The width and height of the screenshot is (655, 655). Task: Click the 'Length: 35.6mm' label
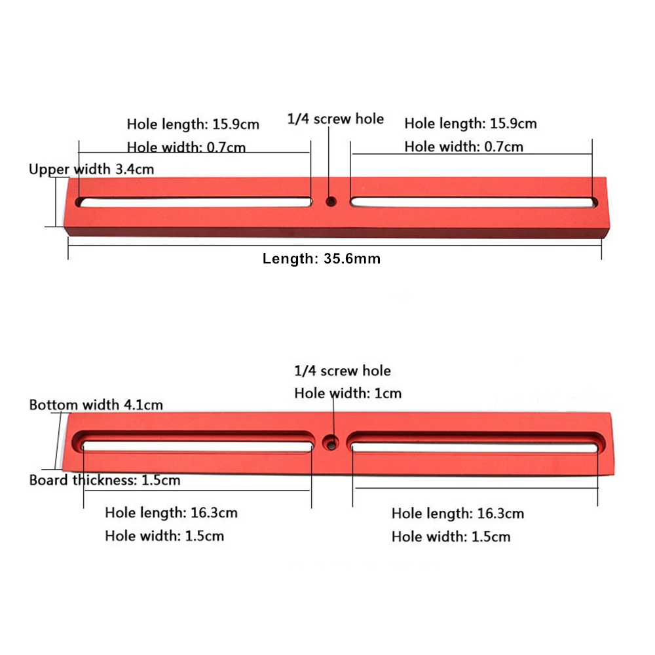point(321,259)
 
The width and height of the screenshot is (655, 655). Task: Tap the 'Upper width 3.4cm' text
point(92,169)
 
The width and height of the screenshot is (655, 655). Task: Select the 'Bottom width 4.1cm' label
point(96,405)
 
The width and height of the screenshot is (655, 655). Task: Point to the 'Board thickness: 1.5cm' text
point(105,480)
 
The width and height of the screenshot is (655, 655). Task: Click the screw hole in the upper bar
point(331,202)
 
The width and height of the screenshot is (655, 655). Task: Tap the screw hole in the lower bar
point(331,443)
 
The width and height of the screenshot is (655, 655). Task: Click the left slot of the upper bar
point(193,202)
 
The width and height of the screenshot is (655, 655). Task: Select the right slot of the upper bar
point(474,202)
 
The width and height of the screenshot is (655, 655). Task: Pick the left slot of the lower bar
point(193,443)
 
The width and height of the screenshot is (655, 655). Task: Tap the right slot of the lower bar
point(476,443)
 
